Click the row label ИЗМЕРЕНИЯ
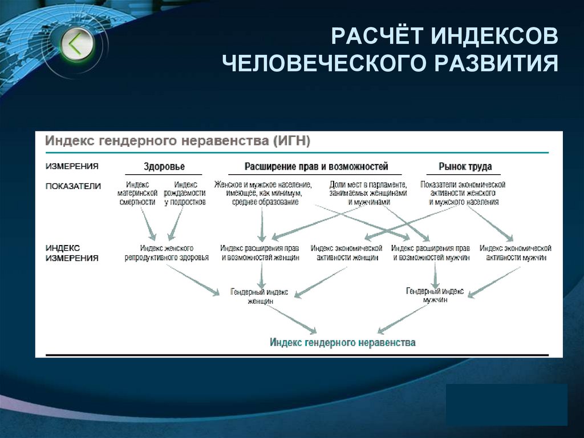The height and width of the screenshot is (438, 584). click(72, 167)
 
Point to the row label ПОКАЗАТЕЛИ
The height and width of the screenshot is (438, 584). click(73, 186)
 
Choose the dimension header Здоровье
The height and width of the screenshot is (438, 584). click(164, 167)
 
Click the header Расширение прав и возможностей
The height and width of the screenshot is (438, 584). click(316, 167)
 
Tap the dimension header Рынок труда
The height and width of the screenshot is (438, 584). click(465, 167)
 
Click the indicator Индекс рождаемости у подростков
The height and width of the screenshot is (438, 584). click(185, 193)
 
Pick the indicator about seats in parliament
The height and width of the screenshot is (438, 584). click(368, 193)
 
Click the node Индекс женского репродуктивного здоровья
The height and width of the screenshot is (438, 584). click(167, 253)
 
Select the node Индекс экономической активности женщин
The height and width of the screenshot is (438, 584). click(346, 253)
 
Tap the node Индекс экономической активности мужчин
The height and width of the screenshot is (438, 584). click(516, 253)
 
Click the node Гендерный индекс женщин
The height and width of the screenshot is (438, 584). click(259, 296)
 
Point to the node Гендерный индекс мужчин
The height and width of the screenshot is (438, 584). click(435, 295)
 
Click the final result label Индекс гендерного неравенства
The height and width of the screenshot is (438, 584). click(342, 343)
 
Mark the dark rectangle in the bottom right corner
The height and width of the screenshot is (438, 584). click(506, 404)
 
